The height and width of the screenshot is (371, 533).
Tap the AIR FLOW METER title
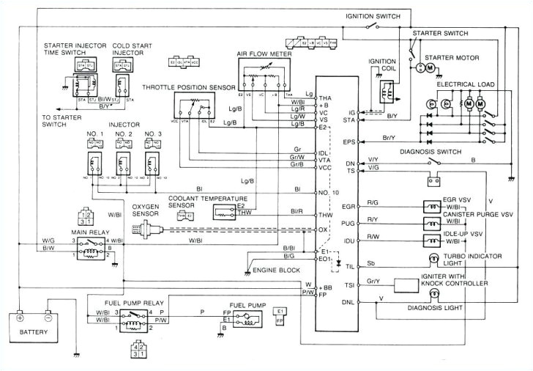coord(265,52)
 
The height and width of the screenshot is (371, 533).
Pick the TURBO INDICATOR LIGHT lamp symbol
coord(432,258)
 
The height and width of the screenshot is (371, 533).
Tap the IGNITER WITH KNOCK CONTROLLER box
coord(415,284)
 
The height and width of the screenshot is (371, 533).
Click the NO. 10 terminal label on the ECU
coord(328,192)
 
